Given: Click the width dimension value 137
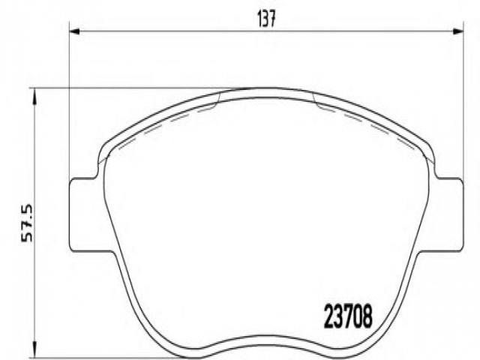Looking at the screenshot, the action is coord(266,19).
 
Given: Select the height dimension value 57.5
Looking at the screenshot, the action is coord(27,223).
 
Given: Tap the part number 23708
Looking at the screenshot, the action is coord(348,316).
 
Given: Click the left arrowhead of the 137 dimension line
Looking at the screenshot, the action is coord(75,31).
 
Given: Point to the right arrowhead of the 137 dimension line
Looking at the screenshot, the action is coord(458,31).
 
